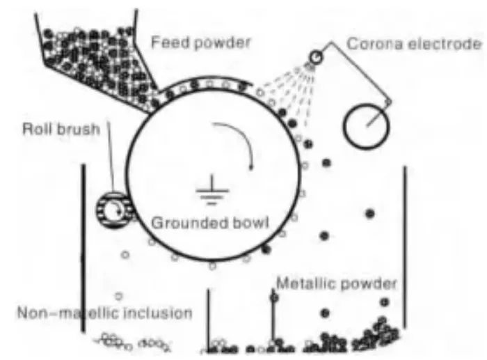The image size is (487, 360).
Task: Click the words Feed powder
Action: [201, 42]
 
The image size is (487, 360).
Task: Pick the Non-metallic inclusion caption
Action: [104, 313]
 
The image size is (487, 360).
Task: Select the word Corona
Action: [394, 44]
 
